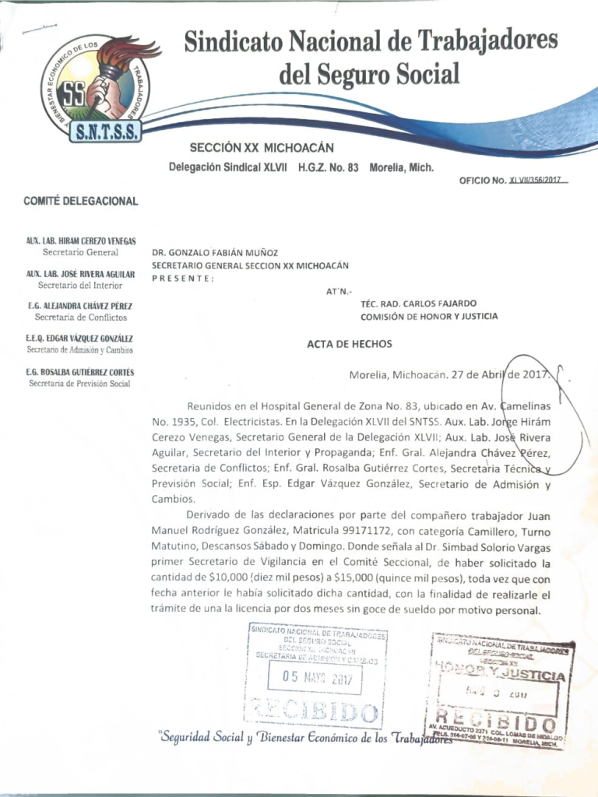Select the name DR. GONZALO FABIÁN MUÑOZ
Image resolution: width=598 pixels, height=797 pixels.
point(214,252)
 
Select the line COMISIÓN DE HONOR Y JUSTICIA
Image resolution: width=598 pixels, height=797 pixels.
point(429,317)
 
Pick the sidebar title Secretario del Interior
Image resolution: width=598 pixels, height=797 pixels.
point(80,286)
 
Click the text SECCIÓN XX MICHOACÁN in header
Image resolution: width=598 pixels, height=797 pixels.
point(262,147)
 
